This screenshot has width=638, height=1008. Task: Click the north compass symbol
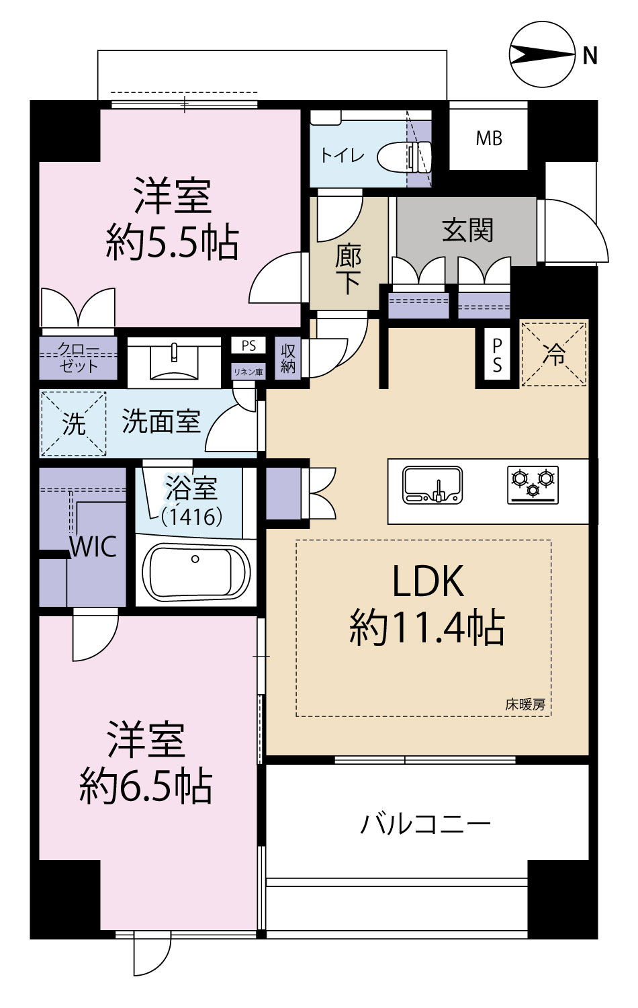point(543,55)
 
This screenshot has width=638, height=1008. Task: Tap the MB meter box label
point(489,138)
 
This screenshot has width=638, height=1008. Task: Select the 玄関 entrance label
point(467,230)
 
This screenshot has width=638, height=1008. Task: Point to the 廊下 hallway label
point(349,270)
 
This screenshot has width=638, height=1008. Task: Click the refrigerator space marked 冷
point(554,353)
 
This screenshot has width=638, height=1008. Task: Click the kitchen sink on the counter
point(432,485)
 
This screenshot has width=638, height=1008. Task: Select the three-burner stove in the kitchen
point(533,485)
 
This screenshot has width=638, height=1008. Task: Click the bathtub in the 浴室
point(195,571)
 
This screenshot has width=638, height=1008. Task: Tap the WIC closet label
point(93,547)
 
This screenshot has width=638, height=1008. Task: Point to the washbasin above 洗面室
point(174,361)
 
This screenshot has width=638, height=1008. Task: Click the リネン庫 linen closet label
point(248,372)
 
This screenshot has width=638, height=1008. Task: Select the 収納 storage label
point(287,359)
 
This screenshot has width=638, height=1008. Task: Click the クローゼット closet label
point(78,358)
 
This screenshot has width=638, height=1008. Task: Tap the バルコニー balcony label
point(425,825)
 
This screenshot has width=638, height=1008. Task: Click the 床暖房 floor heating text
point(525,705)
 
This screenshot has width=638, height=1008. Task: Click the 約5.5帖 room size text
point(172,243)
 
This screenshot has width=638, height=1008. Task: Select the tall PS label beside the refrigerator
point(497,355)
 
